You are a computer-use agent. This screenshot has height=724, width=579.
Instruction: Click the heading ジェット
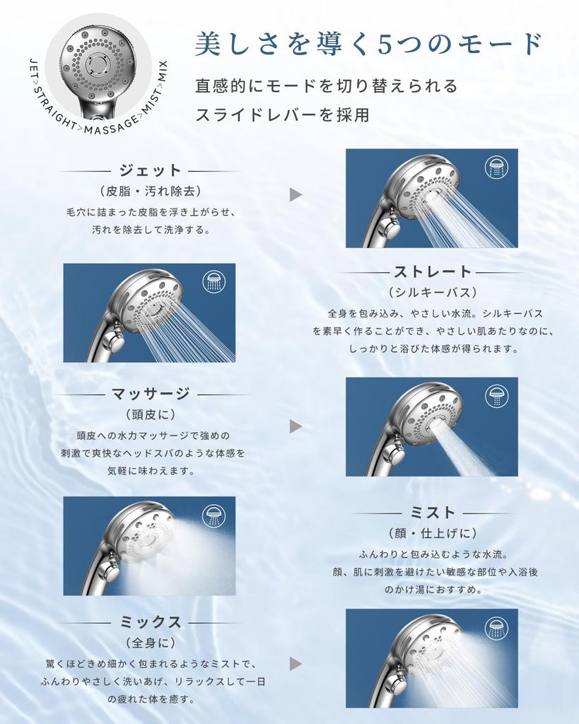tap(150, 170)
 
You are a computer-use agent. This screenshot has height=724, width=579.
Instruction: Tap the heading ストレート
tap(432, 271)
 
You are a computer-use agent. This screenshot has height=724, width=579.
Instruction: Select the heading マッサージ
tap(150, 394)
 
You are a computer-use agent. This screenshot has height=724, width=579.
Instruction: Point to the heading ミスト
tap(432, 512)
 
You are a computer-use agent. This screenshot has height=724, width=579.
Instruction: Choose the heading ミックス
tap(150, 622)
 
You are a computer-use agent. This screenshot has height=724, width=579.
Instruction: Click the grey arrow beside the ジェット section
tap(296, 195)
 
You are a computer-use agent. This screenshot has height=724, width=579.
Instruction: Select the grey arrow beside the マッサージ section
tap(296, 426)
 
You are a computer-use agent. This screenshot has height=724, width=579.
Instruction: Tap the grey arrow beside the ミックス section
tap(296, 663)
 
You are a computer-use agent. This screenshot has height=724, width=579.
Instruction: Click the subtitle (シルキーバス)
tap(432, 292)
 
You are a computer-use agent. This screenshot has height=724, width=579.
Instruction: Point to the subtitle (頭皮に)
tap(150, 414)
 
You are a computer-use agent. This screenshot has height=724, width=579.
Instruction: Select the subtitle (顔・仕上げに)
tap(432, 532)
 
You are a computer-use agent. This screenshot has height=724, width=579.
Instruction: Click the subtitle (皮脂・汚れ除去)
tap(150, 191)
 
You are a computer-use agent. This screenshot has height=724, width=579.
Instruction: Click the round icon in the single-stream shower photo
tap(496, 396)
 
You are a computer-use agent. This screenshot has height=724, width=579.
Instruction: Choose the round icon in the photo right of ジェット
tap(496, 168)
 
